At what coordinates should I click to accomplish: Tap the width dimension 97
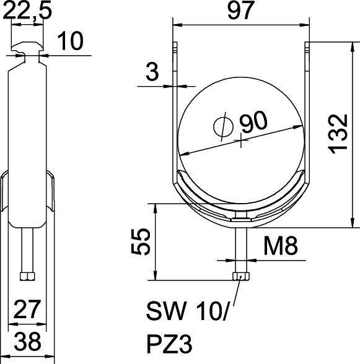[x=240, y=11]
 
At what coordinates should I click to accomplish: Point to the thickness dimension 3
[x=152, y=72]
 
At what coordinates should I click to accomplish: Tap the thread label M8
[x=280, y=247]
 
